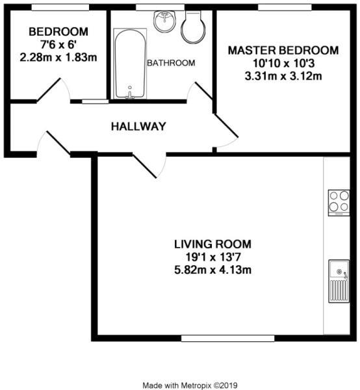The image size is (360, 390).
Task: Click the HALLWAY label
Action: [138, 126]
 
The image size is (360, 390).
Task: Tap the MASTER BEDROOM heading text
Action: [282, 51]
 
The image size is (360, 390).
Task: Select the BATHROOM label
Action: [171, 63]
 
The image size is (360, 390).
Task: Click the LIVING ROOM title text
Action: [212, 244]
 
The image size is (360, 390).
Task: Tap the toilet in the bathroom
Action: [193, 26]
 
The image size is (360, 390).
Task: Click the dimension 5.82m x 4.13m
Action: [212, 269]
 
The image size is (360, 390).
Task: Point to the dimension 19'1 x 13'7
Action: [212, 257]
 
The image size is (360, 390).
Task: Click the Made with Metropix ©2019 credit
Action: [186, 384]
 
